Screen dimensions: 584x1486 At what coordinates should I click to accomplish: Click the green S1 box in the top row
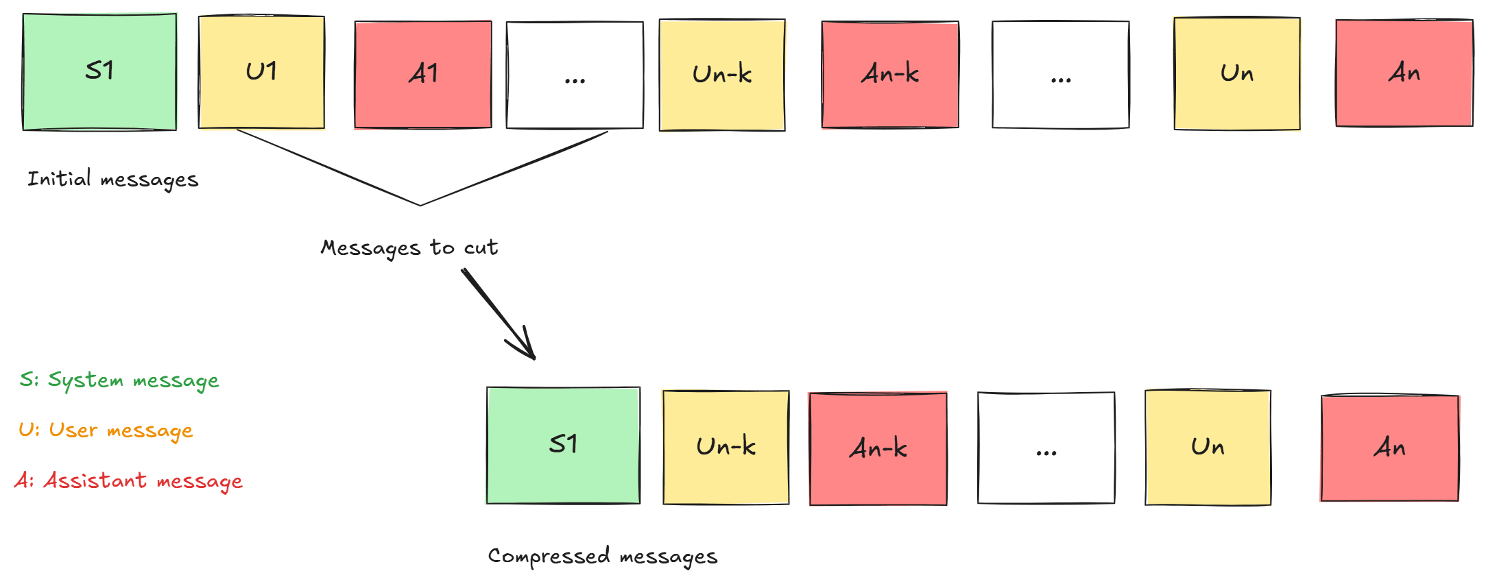[99, 72]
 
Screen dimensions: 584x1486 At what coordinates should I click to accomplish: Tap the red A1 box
[423, 75]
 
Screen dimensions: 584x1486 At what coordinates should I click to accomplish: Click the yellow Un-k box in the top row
[722, 75]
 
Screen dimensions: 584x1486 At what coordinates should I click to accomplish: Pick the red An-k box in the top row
[890, 74]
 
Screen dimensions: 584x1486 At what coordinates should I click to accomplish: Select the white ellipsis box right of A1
[575, 75]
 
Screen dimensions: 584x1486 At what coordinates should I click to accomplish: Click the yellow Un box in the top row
[1237, 73]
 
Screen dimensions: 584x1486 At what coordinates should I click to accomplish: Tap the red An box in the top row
[1404, 73]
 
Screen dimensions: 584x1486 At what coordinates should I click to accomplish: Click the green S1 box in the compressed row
[563, 446]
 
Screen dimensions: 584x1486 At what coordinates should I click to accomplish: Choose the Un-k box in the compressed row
[726, 448]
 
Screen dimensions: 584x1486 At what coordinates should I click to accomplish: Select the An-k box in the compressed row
[878, 449]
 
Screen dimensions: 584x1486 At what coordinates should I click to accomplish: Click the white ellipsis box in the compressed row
[1046, 448]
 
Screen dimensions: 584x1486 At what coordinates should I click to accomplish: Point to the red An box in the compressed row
[1390, 448]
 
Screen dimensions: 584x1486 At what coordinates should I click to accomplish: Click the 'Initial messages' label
[112, 180]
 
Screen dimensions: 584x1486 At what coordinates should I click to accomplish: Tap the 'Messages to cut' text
[409, 247]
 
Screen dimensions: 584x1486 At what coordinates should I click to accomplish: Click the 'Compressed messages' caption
[602, 557]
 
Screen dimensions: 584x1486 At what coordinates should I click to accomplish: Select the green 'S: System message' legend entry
[119, 380]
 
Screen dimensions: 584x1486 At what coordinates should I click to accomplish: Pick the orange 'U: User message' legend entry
[106, 430]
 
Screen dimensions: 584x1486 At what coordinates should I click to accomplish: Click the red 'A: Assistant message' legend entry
[128, 481]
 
